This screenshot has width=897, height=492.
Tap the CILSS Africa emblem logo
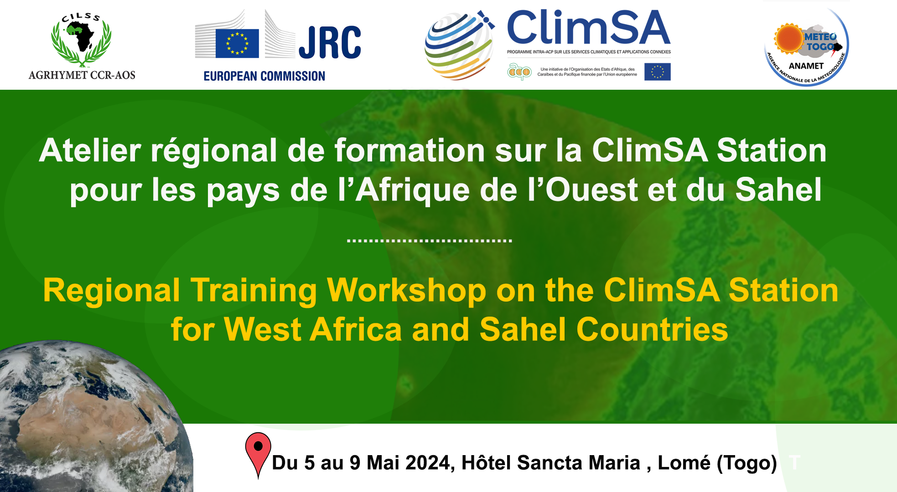(x=81, y=40)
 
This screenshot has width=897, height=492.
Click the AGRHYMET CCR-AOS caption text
(x=82, y=75)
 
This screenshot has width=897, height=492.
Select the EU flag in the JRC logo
(x=237, y=43)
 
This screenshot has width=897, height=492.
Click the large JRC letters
(x=330, y=42)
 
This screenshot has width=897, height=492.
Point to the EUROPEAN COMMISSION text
(x=264, y=76)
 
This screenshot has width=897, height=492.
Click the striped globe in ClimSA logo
(x=458, y=46)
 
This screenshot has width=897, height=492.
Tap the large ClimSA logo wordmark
(x=588, y=28)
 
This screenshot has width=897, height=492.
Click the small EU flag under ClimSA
(x=657, y=72)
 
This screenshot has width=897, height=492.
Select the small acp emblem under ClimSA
(x=519, y=72)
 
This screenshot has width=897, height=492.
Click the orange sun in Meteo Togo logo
(x=788, y=38)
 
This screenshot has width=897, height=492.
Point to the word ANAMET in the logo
(x=806, y=66)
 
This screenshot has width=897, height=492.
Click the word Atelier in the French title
(x=90, y=150)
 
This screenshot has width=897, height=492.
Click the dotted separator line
(x=429, y=241)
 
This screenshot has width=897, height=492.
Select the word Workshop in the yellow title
(x=406, y=290)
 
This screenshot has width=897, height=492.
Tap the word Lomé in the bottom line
(x=684, y=463)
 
